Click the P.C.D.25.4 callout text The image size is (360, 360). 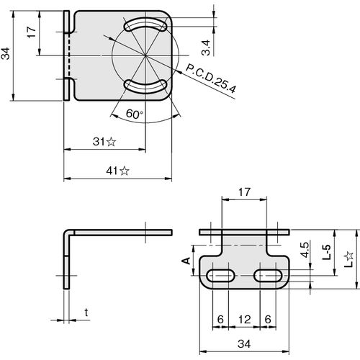tap(211, 78)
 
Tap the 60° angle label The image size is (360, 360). tap(135, 114)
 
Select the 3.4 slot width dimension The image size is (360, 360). tap(206, 48)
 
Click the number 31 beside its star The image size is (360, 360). tap(99, 142)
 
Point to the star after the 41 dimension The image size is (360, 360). tap(125, 171)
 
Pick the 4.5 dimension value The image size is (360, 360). tap(305, 250)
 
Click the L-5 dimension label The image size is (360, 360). tap(326, 252)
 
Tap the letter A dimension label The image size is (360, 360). tap(186, 261)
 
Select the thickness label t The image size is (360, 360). tap(86, 312)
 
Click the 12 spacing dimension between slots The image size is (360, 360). tap(245, 320)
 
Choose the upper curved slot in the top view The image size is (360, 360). tap(145, 24)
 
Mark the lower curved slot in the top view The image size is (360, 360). tap(145, 86)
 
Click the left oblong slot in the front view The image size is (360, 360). tap(221, 276)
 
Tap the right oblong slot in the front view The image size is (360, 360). tap(269, 276)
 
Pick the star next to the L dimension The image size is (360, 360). tap(348, 256)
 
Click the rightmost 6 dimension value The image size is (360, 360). tap(268, 320)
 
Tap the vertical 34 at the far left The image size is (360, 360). tap(5, 53)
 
